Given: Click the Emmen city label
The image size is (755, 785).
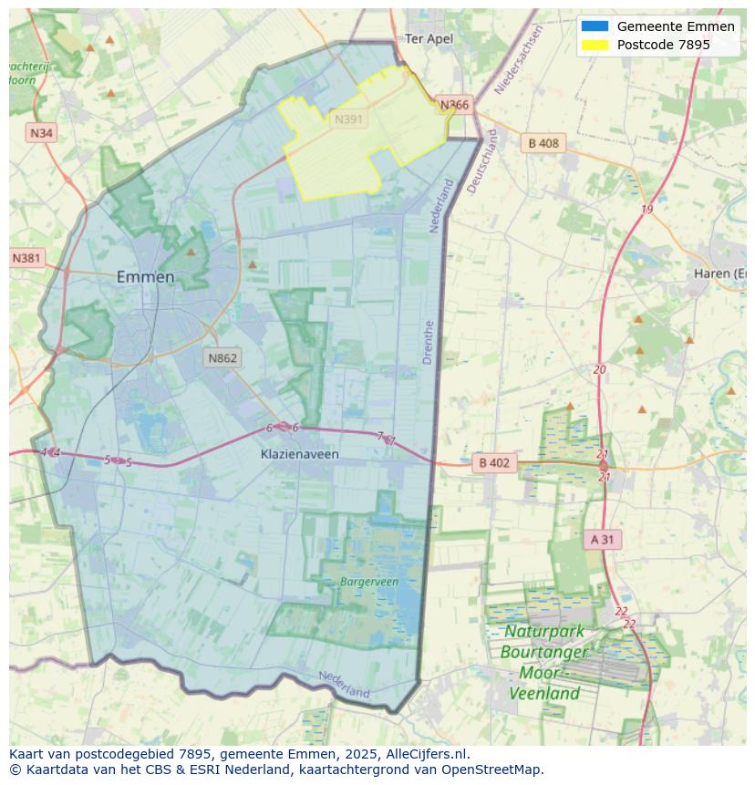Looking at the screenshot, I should [x=146, y=277].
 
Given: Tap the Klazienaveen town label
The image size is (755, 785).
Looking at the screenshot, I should [x=299, y=453].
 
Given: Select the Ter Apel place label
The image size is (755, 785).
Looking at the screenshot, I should [x=429, y=38].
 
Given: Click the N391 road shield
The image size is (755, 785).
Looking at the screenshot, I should [x=348, y=119].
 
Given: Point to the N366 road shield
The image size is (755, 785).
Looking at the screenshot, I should [x=454, y=105].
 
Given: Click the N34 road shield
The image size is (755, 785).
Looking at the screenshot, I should [x=42, y=133].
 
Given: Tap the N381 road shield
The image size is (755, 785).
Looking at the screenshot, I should [x=27, y=258].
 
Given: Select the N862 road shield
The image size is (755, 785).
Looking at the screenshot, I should [x=222, y=357].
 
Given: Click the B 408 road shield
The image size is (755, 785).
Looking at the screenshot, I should [x=543, y=143].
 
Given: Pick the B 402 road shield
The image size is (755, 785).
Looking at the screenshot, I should [x=493, y=463].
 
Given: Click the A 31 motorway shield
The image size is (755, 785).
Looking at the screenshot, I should [x=603, y=540].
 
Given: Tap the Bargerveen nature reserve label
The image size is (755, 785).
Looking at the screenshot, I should [x=369, y=581].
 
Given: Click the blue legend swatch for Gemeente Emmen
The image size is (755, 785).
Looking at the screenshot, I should [x=595, y=26].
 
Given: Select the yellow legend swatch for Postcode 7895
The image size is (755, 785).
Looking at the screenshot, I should [x=595, y=45].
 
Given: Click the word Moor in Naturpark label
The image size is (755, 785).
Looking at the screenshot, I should [x=540, y=673].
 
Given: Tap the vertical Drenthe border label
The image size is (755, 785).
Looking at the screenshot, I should [x=429, y=342].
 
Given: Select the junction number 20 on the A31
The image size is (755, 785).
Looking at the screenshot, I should [x=599, y=369].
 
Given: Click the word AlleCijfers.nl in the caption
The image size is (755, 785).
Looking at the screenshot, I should [x=427, y=754].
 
